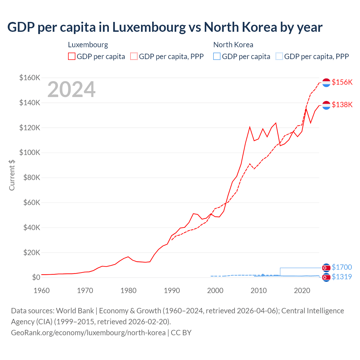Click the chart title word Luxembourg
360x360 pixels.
click(x=149, y=27)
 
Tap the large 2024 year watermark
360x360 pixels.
click(x=71, y=89)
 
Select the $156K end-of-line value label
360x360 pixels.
click(x=342, y=82)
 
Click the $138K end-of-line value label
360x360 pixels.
click(x=342, y=105)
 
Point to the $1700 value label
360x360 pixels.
click(x=342, y=267)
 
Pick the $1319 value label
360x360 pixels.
click(x=342, y=277)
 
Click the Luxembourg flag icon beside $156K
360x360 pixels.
click(x=326, y=83)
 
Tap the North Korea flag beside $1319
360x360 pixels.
click(x=326, y=278)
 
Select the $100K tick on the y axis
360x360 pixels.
click(x=30, y=153)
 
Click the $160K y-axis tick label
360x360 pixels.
click(x=30, y=78)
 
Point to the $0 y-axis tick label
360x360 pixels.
click(x=36, y=278)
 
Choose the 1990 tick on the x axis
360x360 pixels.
click(x=172, y=291)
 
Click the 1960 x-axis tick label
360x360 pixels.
click(x=42, y=291)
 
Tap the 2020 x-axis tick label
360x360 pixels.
click(x=302, y=291)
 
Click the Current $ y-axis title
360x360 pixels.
click(x=12, y=175)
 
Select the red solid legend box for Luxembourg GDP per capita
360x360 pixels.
click(x=72, y=57)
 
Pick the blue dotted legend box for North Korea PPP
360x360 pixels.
click(x=279, y=57)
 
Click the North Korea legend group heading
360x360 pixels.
click(x=233, y=45)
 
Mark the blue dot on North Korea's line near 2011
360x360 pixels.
click(x=263, y=275)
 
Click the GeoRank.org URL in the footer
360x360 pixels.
click(x=88, y=333)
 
